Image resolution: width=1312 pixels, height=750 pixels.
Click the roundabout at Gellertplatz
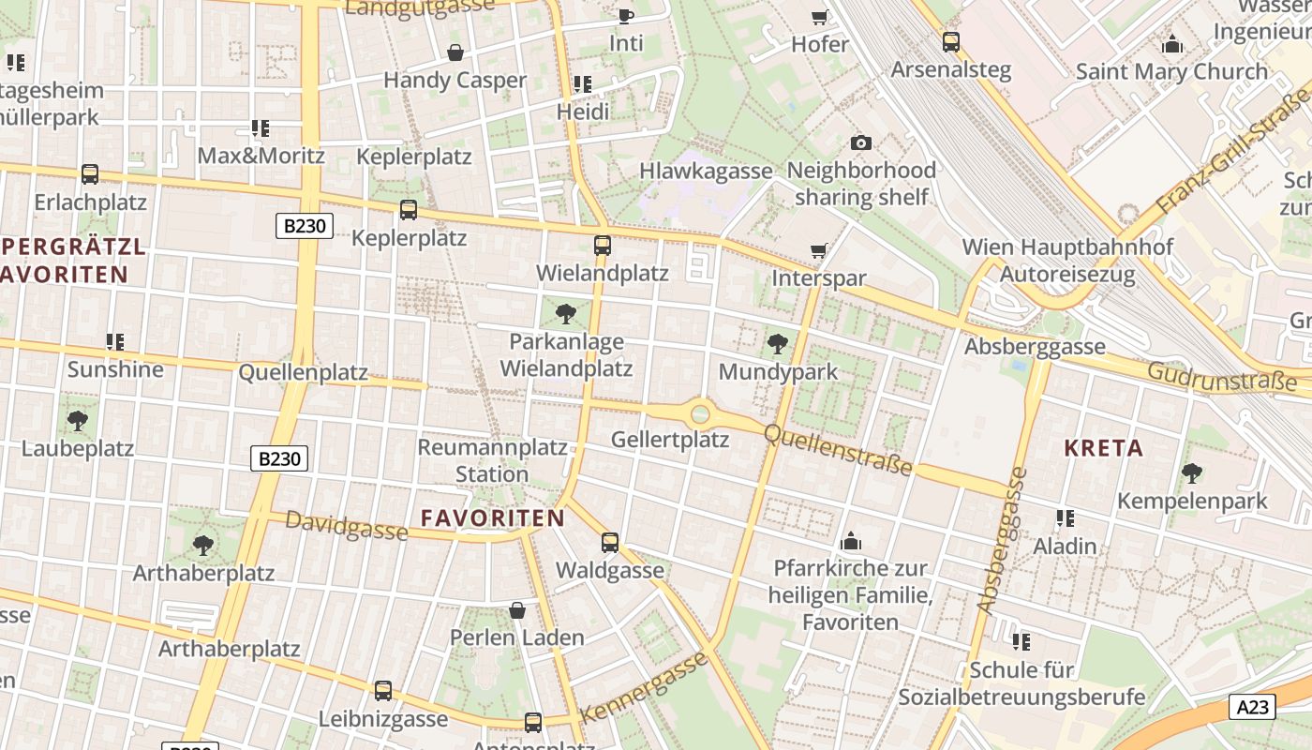[x=700, y=412]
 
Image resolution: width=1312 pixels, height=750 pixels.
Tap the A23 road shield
[x=1253, y=707]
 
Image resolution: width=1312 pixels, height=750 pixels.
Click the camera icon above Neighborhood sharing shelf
[x=860, y=142]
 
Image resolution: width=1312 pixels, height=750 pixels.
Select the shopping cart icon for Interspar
[x=819, y=250]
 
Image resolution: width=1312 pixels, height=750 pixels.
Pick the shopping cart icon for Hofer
[x=819, y=17]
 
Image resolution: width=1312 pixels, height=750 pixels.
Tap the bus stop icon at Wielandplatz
[x=603, y=246]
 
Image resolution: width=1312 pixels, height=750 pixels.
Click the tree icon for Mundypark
[x=777, y=344]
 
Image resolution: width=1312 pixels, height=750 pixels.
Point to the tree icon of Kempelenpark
[x=1191, y=472]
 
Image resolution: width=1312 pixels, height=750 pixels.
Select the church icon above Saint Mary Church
[x=1171, y=44]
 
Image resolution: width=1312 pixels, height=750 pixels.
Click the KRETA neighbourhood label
[x=1104, y=448]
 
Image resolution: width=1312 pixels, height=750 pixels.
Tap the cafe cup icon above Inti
[x=626, y=16]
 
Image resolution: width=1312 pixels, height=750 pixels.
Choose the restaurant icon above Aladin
[x=1065, y=518]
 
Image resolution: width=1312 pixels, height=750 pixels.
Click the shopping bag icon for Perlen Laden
[x=517, y=610]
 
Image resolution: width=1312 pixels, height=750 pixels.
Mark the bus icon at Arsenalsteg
[x=951, y=42]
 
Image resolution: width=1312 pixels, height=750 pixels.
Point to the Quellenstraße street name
[x=838, y=450]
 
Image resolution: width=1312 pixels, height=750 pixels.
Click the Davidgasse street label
[x=346, y=527]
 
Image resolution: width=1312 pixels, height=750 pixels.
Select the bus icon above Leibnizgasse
[x=383, y=691]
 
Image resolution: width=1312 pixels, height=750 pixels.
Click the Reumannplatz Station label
[x=492, y=460]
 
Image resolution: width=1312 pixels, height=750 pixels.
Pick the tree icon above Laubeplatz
[x=78, y=421]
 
